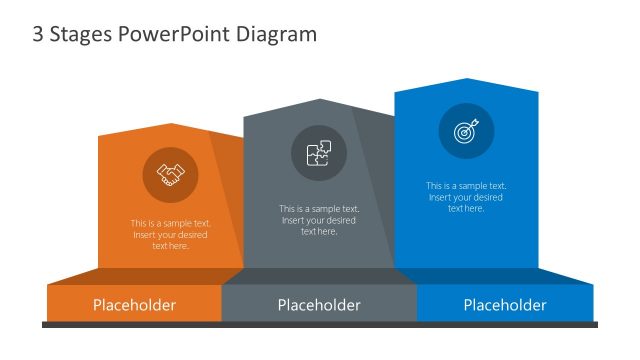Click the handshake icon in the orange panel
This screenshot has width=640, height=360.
pyautogui.click(x=171, y=175)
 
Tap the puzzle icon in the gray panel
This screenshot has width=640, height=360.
pyautogui.click(x=319, y=153)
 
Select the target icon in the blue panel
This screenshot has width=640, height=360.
pyautogui.click(x=466, y=131)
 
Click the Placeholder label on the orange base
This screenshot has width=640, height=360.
pyautogui.click(x=134, y=305)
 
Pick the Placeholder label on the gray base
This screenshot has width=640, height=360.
pyautogui.click(x=319, y=305)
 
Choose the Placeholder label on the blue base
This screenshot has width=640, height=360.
pyautogui.click(x=505, y=305)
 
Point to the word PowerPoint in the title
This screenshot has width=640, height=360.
pyautogui.click(x=176, y=34)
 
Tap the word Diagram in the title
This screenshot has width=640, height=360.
pyautogui.click(x=277, y=34)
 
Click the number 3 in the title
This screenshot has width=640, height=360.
pyautogui.click(x=38, y=34)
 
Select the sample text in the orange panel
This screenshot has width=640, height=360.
pyautogui.click(x=170, y=235)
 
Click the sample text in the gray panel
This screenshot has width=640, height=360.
pyautogui.click(x=319, y=220)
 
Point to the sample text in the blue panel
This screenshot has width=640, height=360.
pyautogui.click(x=466, y=197)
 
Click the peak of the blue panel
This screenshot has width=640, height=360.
pyautogui.click(x=466, y=80)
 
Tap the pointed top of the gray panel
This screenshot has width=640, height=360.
pyautogui.click(x=319, y=101)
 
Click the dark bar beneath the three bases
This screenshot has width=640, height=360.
pyautogui.click(x=319, y=324)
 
